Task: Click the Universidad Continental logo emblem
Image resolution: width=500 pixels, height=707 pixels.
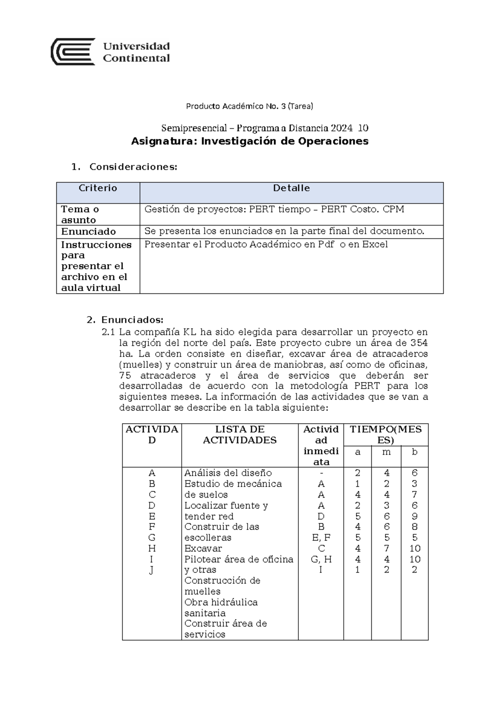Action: click(x=72, y=52)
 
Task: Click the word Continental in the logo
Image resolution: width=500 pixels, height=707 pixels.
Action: click(x=136, y=58)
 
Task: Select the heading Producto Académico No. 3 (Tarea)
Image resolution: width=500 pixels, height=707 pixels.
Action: click(x=249, y=106)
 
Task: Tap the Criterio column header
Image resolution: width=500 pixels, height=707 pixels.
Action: click(x=98, y=188)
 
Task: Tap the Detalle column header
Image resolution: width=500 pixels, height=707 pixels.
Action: click(x=291, y=188)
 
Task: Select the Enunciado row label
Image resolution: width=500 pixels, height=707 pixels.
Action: click(x=88, y=232)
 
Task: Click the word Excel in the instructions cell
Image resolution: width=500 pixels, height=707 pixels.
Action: click(x=375, y=245)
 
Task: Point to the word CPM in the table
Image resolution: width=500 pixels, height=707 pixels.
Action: click(x=393, y=209)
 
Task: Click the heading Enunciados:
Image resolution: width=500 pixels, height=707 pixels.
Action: click(x=132, y=320)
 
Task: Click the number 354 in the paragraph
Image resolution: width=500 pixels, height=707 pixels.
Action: click(x=419, y=343)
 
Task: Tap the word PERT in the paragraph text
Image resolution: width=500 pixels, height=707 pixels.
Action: click(x=366, y=386)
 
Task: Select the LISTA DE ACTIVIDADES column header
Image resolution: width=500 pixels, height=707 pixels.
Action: click(x=240, y=435)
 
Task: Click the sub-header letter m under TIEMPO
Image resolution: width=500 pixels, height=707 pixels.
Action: click(x=386, y=452)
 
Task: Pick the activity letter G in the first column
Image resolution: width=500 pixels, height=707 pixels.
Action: click(x=152, y=538)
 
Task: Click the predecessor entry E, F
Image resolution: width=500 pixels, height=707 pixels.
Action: click(x=321, y=538)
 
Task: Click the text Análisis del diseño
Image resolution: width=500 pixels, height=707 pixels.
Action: click(x=228, y=473)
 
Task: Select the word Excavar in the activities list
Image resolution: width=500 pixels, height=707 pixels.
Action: click(x=203, y=549)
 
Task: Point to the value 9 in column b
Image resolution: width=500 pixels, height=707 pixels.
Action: click(x=414, y=516)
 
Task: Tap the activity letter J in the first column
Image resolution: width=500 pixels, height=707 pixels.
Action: click(x=152, y=570)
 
